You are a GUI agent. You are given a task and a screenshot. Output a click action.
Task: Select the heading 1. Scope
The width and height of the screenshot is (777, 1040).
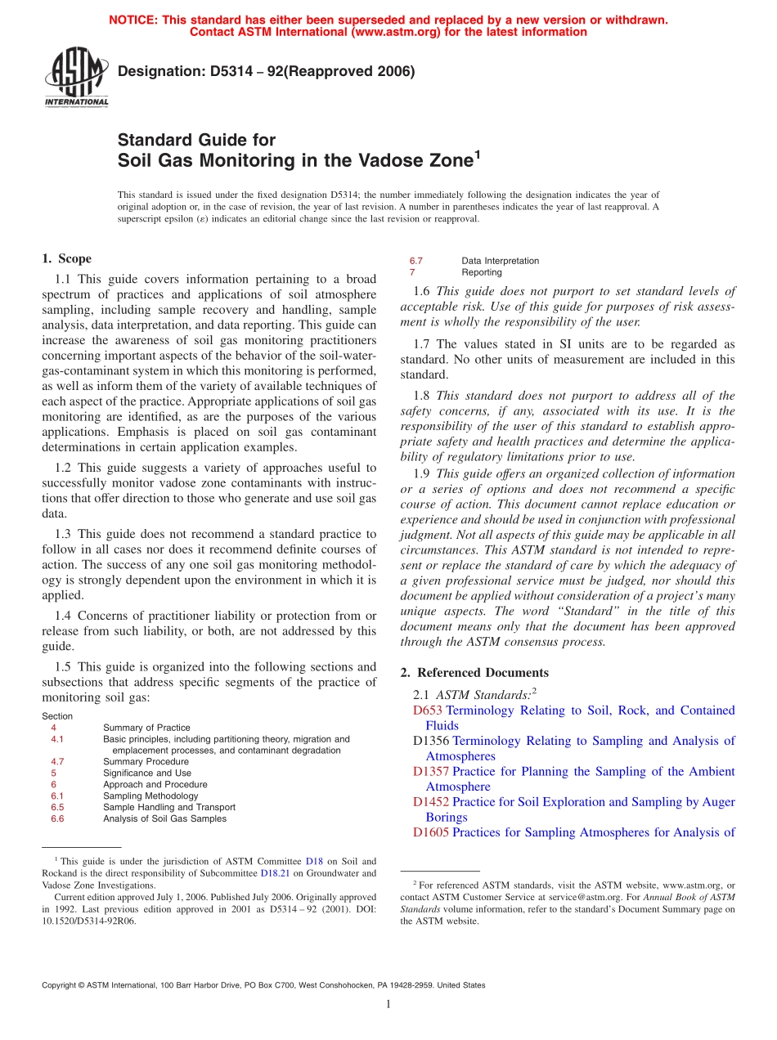66,258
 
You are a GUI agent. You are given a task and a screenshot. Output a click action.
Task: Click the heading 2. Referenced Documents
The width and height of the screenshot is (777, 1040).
474,672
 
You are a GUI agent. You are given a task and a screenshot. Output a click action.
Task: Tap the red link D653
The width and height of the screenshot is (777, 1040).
427,711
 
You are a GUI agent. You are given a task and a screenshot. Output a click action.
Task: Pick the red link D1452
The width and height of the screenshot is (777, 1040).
430,802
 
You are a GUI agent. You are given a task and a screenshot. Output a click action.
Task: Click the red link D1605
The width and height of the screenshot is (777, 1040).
430,833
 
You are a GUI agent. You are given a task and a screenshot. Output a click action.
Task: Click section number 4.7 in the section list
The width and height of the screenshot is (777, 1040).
57,761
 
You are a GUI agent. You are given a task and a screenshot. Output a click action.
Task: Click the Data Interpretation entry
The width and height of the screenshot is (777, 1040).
500,261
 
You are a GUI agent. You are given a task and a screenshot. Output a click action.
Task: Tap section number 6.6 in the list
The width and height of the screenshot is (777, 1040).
57,818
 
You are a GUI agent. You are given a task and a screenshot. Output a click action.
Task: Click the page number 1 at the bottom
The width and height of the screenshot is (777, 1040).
388,1004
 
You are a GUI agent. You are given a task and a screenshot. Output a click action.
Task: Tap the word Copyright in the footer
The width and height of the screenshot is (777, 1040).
62,985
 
